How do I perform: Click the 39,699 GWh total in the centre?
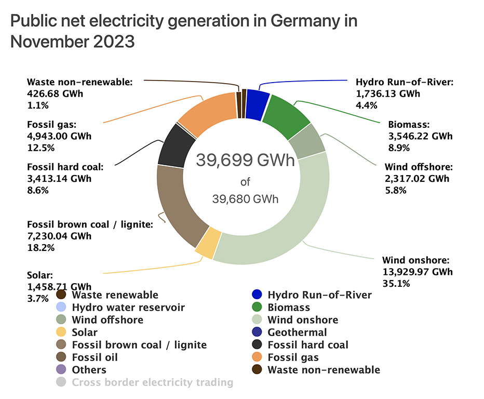[x=245, y=161]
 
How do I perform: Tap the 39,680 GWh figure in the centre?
[x=245, y=199]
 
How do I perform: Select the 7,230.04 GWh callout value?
[x=59, y=236]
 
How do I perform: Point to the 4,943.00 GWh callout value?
[x=59, y=136]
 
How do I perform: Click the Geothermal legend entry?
[x=297, y=332]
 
